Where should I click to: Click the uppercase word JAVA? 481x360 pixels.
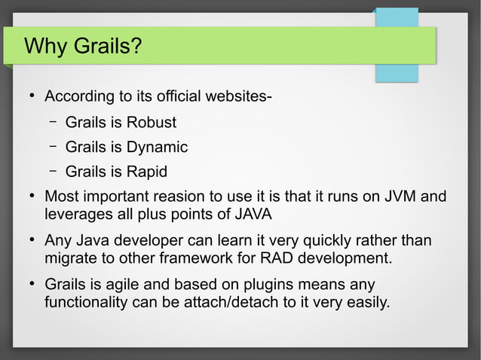253,214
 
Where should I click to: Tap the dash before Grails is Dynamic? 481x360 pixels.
54,146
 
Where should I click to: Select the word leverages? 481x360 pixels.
79,214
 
